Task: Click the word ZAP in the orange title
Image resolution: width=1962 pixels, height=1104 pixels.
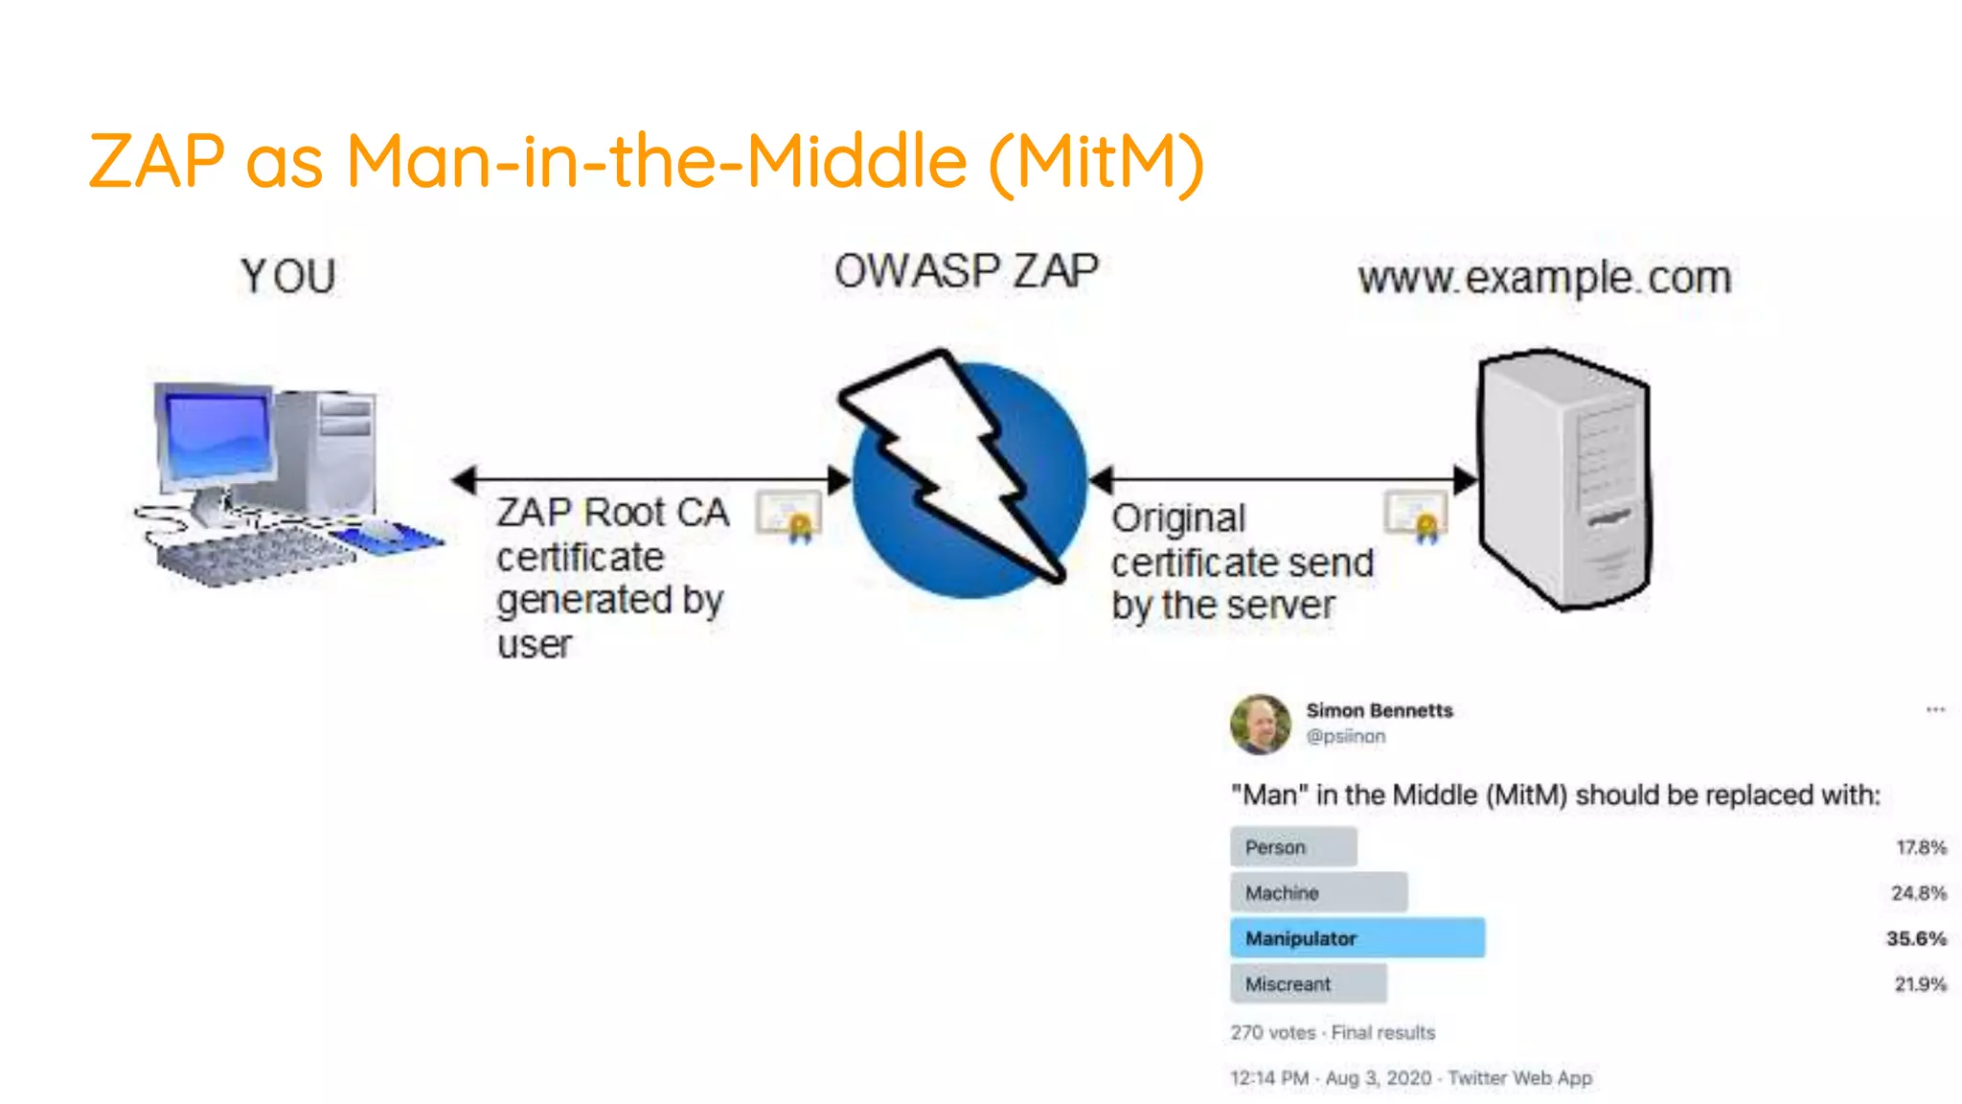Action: [x=157, y=161]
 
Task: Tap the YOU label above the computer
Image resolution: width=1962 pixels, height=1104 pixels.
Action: [x=287, y=277]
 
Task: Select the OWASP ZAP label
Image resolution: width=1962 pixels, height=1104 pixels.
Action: [x=966, y=271]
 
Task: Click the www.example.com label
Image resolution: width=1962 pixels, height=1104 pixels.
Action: [x=1544, y=278]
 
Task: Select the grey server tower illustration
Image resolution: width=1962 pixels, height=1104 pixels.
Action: [x=1563, y=479]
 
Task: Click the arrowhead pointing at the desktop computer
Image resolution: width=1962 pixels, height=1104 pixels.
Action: [x=465, y=479]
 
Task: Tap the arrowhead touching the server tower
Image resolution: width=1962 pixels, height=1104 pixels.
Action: [x=1465, y=479]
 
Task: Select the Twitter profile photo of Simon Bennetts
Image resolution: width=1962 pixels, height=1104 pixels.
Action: [x=1260, y=724]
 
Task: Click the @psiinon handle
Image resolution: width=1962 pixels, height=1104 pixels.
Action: [x=1345, y=736]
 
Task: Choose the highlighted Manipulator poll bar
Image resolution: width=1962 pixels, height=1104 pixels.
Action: [x=1357, y=938]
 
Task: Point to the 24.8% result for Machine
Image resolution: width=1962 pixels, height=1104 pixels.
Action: [x=1918, y=893]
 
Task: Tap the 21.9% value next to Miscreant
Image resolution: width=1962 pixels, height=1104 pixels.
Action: [x=1920, y=984]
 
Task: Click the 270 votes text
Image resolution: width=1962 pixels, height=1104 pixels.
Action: [x=1272, y=1033]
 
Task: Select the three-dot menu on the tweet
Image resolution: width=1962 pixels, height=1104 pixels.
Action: [x=1935, y=710]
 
